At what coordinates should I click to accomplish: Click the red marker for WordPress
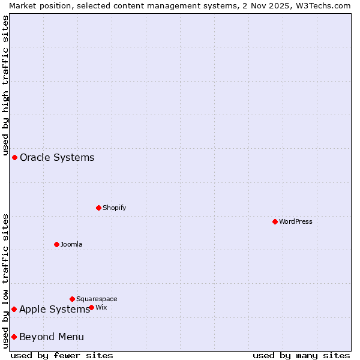pyautogui.click(x=275, y=221)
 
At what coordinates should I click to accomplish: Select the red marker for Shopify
pyautogui.click(x=98, y=208)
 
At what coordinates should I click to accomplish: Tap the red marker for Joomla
pyautogui.click(x=56, y=244)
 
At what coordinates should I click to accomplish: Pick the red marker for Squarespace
pyautogui.click(x=72, y=299)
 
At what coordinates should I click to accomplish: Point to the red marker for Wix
pyautogui.click(x=91, y=307)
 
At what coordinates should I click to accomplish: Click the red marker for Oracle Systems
pyautogui.click(x=14, y=157)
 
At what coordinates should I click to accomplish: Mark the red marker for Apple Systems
pyautogui.click(x=14, y=309)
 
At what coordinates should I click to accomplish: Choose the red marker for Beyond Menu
pyautogui.click(x=14, y=337)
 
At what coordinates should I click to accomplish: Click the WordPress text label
pyautogui.click(x=296, y=221)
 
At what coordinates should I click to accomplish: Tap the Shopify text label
pyautogui.click(x=115, y=208)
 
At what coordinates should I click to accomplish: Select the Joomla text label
pyautogui.click(x=71, y=244)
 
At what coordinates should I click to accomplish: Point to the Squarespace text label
pyautogui.click(x=97, y=299)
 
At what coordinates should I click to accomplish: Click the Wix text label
pyautogui.click(x=101, y=307)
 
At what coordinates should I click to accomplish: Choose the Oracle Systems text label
pyautogui.click(x=57, y=157)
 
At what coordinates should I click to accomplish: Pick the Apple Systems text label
pyautogui.click(x=55, y=309)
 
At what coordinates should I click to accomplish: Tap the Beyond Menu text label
pyautogui.click(x=52, y=337)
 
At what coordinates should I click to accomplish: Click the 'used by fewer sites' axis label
pyautogui.click(x=62, y=355)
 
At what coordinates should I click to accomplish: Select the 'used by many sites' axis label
pyautogui.click(x=301, y=355)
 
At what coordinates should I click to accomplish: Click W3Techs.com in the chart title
pyautogui.click(x=322, y=5)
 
